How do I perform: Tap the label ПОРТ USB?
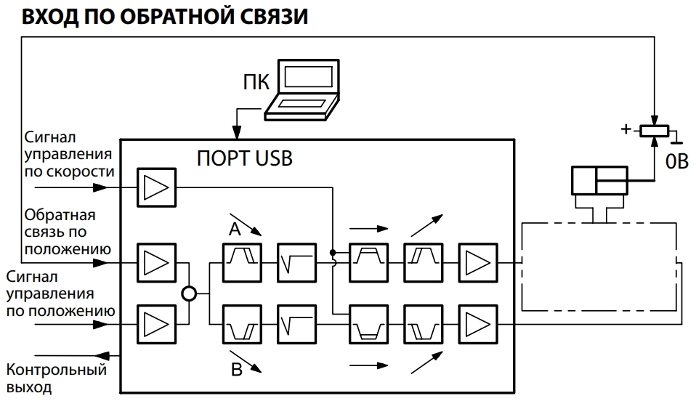pyautogui.click(x=245, y=158)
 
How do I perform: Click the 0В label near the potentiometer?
pyautogui.click(x=676, y=162)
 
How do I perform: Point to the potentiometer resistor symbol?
pyautogui.click(x=653, y=131)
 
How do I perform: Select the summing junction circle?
pyautogui.click(x=189, y=294)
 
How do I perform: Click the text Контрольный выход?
pyautogui.click(x=56, y=378)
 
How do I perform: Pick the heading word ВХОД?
pyautogui.click(x=49, y=17)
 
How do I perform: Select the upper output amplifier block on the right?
pyautogui.click(x=477, y=262)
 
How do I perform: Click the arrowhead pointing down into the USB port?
pyautogui.click(x=235, y=133)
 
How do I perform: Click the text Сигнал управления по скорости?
pyautogui.click(x=68, y=154)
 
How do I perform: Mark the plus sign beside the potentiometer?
pyautogui.click(x=625, y=129)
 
